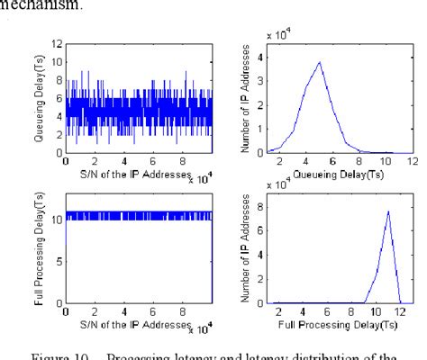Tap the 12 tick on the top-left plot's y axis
(x=56, y=43)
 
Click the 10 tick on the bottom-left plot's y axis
(x=56, y=217)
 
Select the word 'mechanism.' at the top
(x=32, y=7)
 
